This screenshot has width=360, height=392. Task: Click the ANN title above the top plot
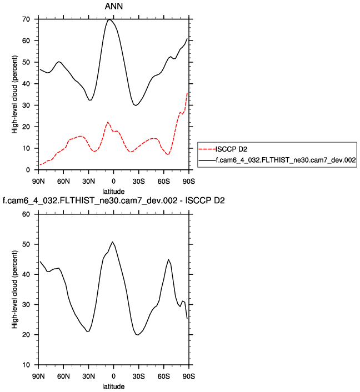tap(113, 6)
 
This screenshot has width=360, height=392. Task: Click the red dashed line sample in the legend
tap(207, 148)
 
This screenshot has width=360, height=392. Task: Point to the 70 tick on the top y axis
tap(26, 19)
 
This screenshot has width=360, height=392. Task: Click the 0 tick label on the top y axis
tap(28, 170)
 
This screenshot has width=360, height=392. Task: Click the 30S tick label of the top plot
tap(138, 182)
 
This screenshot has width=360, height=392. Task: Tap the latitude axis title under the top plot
tap(113, 192)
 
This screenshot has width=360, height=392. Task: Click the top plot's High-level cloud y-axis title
tap(16, 94)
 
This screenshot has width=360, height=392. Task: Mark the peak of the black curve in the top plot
tap(109, 19)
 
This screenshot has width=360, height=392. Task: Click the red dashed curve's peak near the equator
tap(108, 122)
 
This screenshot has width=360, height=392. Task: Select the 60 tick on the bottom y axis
tap(26, 214)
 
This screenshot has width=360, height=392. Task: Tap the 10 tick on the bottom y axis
tap(26, 365)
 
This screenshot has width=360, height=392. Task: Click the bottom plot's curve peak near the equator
tap(113, 242)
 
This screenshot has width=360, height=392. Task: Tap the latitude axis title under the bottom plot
tap(113, 386)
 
